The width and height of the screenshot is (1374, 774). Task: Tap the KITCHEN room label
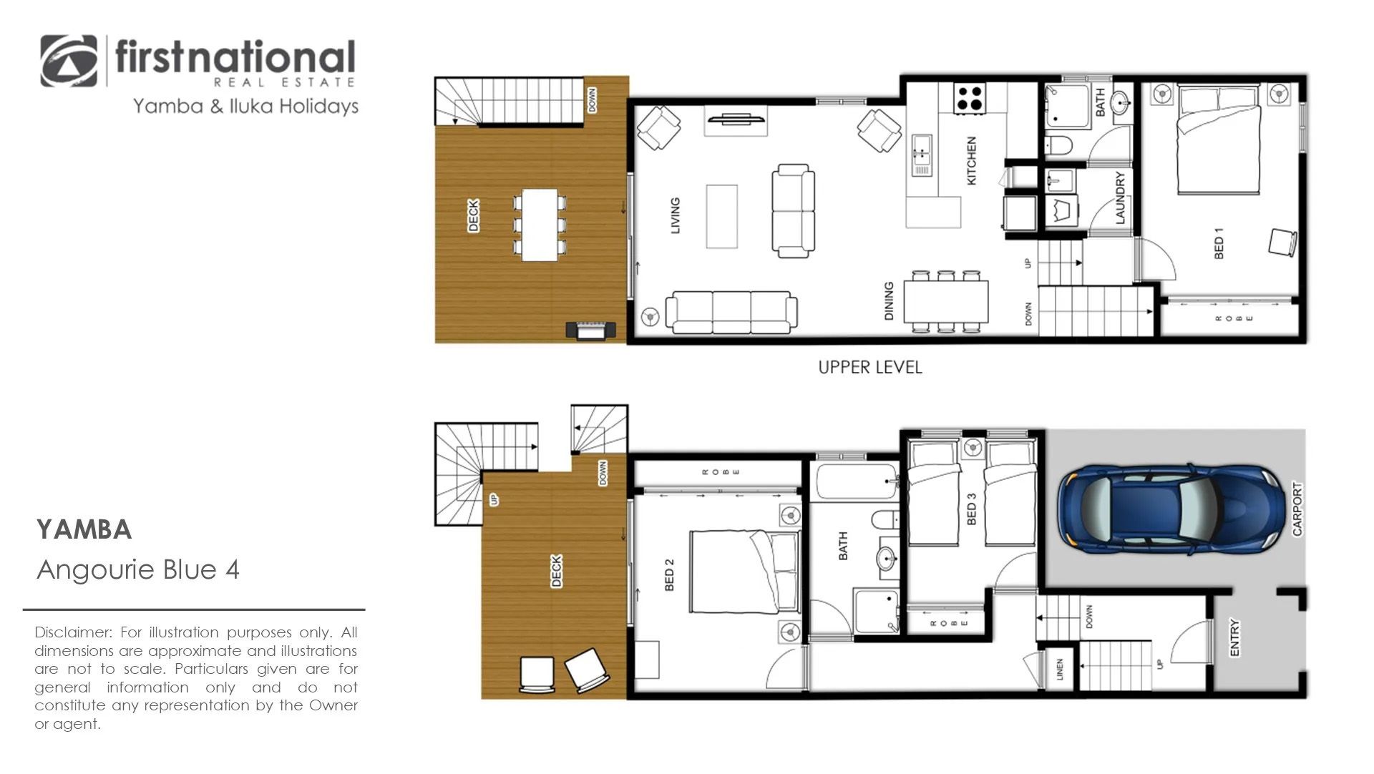click(971, 161)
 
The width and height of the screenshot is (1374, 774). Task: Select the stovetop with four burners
click(970, 97)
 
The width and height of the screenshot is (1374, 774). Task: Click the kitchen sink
click(921, 155)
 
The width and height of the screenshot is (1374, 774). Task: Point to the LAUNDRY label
click(1120, 197)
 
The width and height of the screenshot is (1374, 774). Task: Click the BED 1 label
click(1219, 243)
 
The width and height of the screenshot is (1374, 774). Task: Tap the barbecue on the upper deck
click(591, 330)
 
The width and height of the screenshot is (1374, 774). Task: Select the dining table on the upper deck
click(540, 225)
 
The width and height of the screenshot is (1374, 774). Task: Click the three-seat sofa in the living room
click(731, 313)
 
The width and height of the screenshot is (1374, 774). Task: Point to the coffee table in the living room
click(721, 217)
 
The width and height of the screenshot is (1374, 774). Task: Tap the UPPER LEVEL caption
click(870, 368)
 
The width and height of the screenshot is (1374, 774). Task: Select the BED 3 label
click(971, 509)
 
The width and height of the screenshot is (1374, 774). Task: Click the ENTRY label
click(1234, 637)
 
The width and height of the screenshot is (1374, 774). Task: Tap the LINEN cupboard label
click(1060, 670)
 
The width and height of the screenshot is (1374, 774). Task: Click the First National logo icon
click(69, 61)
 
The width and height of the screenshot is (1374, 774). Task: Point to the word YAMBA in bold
click(84, 530)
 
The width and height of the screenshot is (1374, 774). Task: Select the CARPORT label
click(1297, 509)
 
